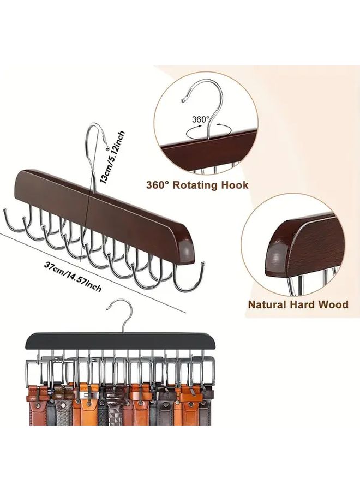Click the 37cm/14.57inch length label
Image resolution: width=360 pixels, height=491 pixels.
[73, 277]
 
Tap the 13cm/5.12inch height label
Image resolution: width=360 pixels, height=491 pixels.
[112, 157]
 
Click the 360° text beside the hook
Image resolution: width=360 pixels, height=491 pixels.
[201, 119]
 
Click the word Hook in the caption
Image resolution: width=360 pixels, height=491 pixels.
[235, 185]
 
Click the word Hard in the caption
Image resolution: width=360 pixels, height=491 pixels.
[302, 304]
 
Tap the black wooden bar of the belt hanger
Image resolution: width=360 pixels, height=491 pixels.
[122, 342]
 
